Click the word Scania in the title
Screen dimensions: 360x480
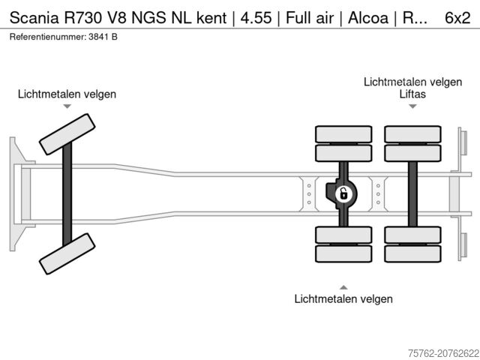click(29, 18)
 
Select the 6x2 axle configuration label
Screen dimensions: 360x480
click(460, 18)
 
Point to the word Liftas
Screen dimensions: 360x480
click(412, 94)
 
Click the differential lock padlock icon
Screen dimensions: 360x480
click(343, 194)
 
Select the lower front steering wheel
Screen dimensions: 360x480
click(67, 253)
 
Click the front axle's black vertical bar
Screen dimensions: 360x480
click(67, 193)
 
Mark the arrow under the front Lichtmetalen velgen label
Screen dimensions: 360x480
click(67, 107)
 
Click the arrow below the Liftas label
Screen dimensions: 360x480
click(412, 106)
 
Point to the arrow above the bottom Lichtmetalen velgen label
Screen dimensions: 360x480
click(343, 286)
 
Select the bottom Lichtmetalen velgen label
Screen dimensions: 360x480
click(343, 299)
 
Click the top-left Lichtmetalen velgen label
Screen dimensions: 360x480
click(67, 94)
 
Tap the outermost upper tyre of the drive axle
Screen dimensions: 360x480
click(343, 134)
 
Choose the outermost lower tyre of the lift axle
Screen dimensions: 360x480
click(412, 253)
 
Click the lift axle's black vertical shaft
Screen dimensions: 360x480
click(412, 193)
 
